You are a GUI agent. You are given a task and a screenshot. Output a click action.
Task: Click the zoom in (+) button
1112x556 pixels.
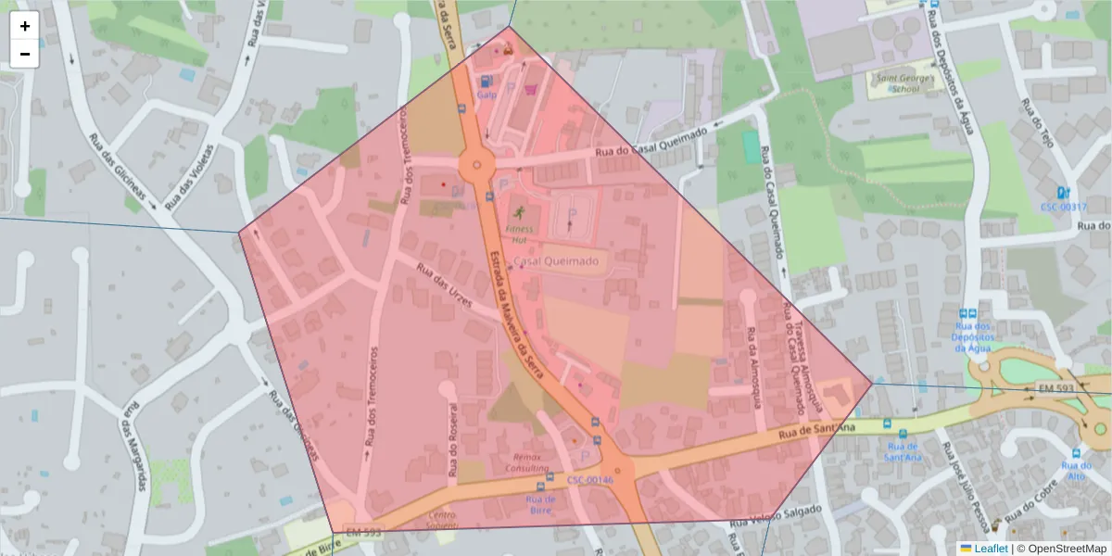tap(25, 26)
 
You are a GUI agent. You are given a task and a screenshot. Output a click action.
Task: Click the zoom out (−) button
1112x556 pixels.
tap(25, 54)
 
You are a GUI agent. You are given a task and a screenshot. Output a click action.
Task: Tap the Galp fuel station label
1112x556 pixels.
tap(486, 95)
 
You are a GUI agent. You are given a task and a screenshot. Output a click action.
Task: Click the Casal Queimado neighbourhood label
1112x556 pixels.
tap(555, 261)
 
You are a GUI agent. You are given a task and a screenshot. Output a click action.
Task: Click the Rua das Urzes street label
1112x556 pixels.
tap(445, 287)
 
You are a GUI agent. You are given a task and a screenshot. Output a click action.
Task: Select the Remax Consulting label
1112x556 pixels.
tap(527, 462)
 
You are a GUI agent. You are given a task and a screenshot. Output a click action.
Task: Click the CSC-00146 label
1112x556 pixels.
tap(590, 480)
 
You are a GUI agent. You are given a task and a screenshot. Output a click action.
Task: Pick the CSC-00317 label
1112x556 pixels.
tap(1063, 207)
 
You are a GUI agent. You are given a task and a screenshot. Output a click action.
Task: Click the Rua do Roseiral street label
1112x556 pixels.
tap(453, 439)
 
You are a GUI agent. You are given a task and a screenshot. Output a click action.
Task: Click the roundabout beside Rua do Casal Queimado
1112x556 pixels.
tap(477, 165)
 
